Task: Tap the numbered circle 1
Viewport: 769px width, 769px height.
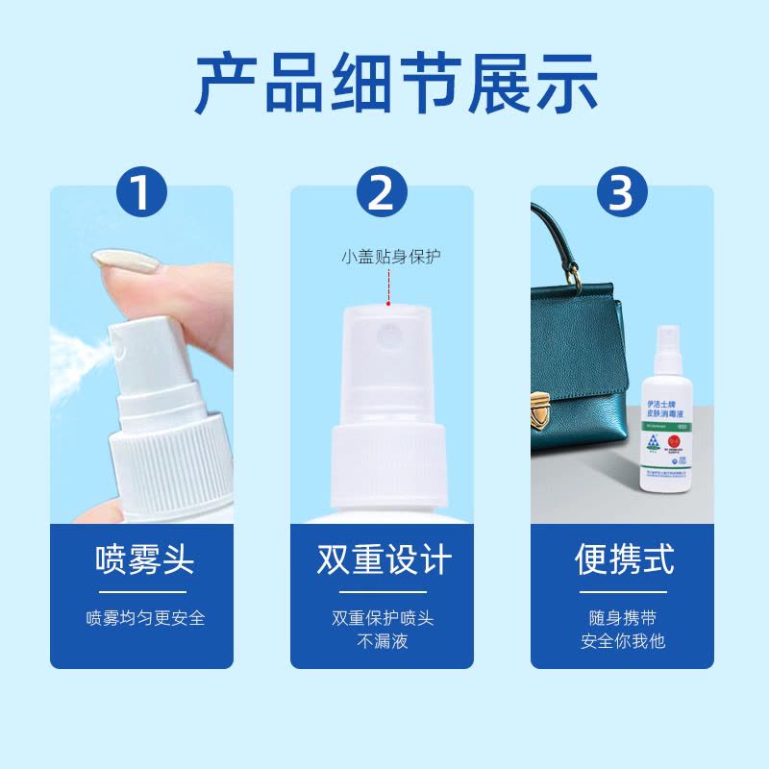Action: pos(141,193)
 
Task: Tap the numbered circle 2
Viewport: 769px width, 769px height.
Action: pos(382,193)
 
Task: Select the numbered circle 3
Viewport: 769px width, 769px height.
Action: pos(622,193)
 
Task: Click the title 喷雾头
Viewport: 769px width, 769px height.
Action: pos(142,558)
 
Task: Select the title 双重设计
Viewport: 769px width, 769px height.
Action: pos(383,558)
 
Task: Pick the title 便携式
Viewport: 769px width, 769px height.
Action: pos(623,558)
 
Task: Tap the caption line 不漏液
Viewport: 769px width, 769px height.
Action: pos(383,641)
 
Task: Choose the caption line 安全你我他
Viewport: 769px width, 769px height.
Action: pos(623,641)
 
